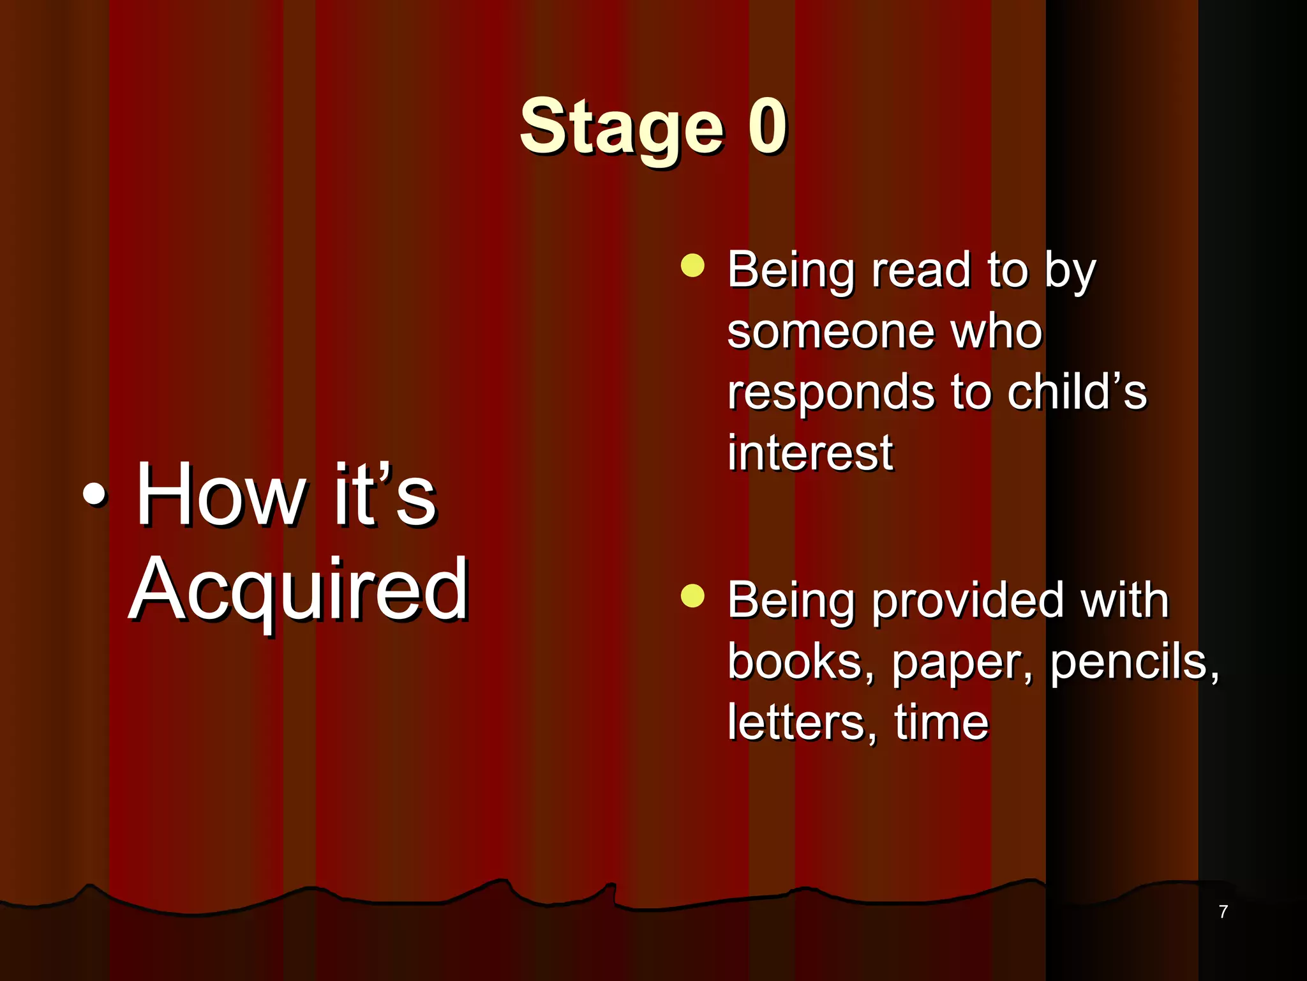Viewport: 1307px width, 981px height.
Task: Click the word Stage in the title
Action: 622,128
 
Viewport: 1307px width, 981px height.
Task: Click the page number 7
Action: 1223,911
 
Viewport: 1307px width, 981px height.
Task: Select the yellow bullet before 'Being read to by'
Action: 692,265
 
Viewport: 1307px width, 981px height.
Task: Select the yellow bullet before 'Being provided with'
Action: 692,596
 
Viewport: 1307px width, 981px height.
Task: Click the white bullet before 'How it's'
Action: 95,496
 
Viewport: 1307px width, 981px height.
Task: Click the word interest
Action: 810,453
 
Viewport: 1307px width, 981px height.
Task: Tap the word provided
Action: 967,602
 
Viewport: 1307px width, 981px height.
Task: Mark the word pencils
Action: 1133,663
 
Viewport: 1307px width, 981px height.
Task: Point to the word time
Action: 941,722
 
